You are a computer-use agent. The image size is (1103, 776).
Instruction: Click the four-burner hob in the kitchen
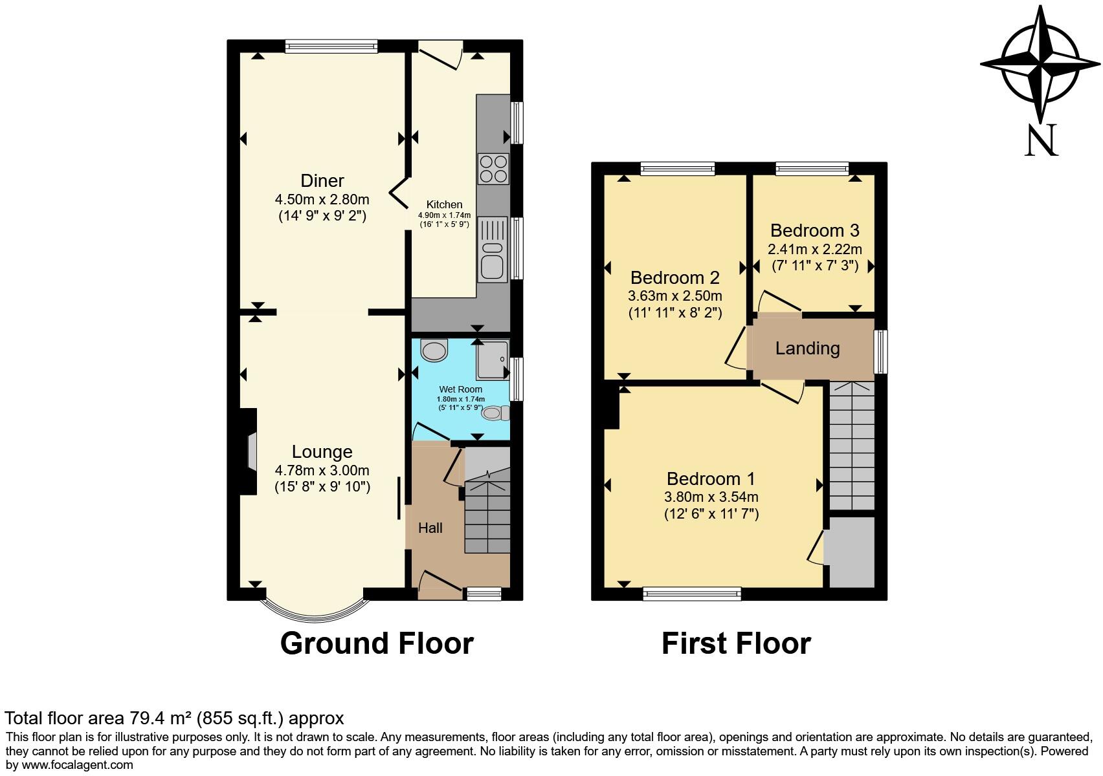coord(493,169)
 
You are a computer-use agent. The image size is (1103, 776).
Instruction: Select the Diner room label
coord(322,181)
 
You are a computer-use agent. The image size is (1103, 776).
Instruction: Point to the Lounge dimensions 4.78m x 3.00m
coord(322,470)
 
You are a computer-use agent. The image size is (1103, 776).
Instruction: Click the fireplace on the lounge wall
coord(249,452)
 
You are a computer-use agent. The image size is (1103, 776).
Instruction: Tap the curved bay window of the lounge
coord(314,610)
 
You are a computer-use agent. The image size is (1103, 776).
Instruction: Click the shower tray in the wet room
coord(492,360)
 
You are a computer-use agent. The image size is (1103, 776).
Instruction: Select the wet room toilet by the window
coord(495,413)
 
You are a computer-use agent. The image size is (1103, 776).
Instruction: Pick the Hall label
coord(430,528)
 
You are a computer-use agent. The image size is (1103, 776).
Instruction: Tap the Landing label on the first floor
coord(807,349)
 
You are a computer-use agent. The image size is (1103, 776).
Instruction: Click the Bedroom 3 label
coord(814,230)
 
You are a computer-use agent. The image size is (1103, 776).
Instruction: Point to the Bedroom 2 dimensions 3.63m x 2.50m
coord(674,296)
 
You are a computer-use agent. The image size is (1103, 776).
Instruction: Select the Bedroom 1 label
coord(711,479)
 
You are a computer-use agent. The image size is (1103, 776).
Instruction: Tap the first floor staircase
coord(851,446)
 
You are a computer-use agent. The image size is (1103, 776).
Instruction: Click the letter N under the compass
coord(1041,140)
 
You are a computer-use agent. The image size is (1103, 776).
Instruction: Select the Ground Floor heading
coord(377,643)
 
